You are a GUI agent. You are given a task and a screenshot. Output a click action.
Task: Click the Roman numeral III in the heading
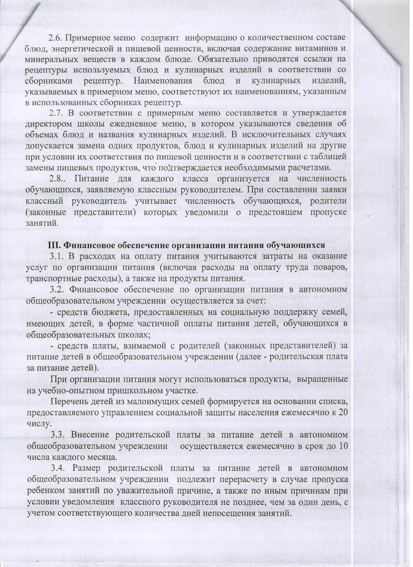(53, 245)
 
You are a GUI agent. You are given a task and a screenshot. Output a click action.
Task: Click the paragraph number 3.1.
(58, 257)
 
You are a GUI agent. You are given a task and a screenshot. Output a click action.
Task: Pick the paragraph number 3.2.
(58, 289)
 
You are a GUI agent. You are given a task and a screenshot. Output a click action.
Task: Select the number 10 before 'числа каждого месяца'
(343, 446)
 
